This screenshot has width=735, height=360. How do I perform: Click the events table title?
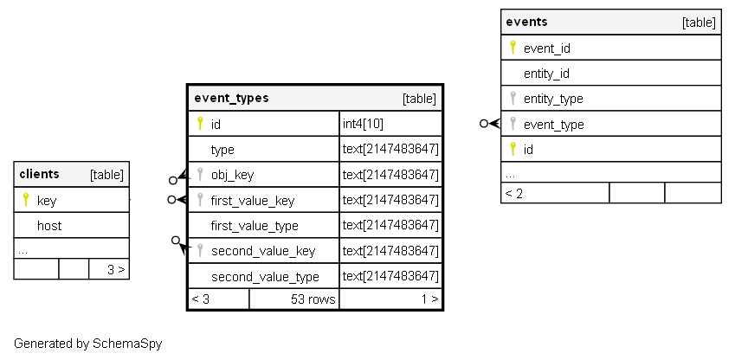click(x=526, y=22)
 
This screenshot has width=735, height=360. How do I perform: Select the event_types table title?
click(x=231, y=98)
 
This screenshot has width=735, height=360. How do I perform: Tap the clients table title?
click(x=39, y=174)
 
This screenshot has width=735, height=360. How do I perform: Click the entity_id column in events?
click(x=546, y=74)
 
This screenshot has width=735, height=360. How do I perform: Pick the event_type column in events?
click(x=553, y=125)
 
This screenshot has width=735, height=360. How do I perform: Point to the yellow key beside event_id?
click(x=513, y=48)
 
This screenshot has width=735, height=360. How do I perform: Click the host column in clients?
click(x=49, y=226)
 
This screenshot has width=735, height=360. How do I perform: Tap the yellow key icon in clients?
click(x=26, y=200)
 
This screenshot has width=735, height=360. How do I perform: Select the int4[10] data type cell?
click(x=363, y=124)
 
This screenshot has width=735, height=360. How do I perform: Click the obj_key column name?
click(x=233, y=176)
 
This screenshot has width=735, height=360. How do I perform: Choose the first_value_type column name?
click(x=255, y=226)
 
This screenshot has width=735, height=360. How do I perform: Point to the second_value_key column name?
click(x=263, y=251)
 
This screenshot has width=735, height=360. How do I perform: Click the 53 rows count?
click(x=313, y=299)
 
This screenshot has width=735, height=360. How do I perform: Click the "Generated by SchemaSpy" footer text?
click(x=88, y=344)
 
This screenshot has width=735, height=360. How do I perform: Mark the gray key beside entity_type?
click(x=513, y=98)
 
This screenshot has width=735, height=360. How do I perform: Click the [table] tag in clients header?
click(x=106, y=175)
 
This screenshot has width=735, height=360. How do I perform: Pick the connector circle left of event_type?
click(x=484, y=124)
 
